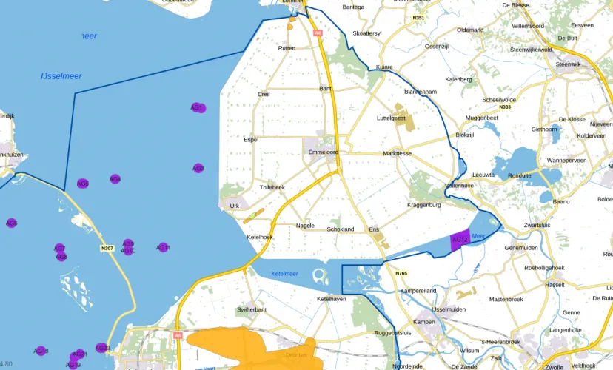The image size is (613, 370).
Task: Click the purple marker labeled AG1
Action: tap(198, 108)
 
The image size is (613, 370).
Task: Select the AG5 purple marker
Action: tap(83, 184)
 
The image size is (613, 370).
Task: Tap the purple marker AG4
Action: tap(115, 179)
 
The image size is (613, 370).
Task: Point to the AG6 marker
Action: tap(11, 223)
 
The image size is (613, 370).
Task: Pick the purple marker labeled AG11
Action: tap(164, 248)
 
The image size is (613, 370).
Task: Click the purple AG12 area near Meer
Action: tap(460, 240)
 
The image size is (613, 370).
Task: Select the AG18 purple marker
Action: tap(41, 351)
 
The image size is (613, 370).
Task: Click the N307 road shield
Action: tap(107, 248)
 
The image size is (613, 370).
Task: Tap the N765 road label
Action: tap(401, 273)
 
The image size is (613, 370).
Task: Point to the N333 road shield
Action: tap(505, 107)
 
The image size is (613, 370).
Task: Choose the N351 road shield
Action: tap(419, 18)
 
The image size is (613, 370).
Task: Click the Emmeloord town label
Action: tap(324, 152)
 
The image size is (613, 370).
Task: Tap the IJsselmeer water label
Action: tap(61, 76)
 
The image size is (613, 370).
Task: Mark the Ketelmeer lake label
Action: tap(284, 274)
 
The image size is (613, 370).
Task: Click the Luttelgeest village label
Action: tap(392, 118)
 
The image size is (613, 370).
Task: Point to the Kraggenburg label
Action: tap(424, 204)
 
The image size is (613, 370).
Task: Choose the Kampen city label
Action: tap(425, 322)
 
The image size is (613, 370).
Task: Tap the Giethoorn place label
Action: tap(544, 129)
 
